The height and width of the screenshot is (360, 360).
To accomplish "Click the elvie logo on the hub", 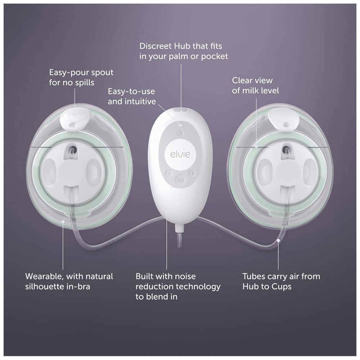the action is coord(180,154).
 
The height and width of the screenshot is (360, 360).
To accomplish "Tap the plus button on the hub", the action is coord(192,173).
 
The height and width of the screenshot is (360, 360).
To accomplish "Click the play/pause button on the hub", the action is coord(180,180).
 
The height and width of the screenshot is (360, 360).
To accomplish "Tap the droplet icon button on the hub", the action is coord(180,133).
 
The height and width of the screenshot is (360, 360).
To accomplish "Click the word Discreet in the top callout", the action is coord(156,46).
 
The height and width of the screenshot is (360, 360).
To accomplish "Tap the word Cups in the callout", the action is coord(282,287).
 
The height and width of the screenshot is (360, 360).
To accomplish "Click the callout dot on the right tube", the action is coord(278,240).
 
